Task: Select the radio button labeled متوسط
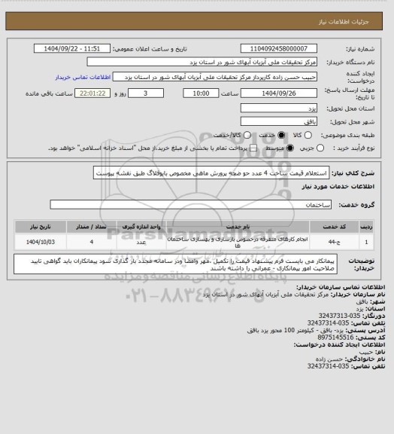[x=283, y=148]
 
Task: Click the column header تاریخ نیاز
[x=37, y=225]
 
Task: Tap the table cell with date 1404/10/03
[x=37, y=242]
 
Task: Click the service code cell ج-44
[x=329, y=242]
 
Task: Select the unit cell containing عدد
[x=141, y=242]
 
